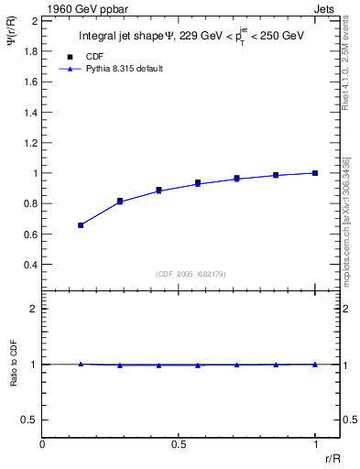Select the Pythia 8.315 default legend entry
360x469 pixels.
pyautogui.click(x=125, y=70)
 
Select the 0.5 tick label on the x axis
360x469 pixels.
pyautogui.click(x=179, y=444)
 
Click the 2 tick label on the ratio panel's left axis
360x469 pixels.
pyautogui.click(x=33, y=310)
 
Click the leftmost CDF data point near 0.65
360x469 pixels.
pyautogui.click(x=81, y=224)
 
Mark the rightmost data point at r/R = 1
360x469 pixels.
pyautogui.click(x=314, y=173)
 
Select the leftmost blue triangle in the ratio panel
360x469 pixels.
pyautogui.click(x=81, y=364)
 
